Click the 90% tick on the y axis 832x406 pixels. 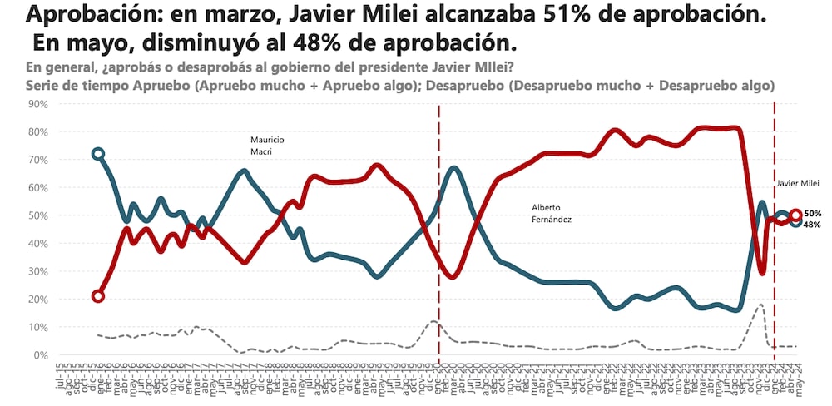(x=38, y=104)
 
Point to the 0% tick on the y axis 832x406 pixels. (x=41, y=355)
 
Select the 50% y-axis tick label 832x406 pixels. (x=38, y=215)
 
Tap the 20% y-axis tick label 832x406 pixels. (x=38, y=300)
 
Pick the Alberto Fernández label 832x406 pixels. (x=551, y=213)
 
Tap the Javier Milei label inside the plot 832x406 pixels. (x=798, y=183)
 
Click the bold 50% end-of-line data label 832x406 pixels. (x=812, y=214)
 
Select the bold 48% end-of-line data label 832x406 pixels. (x=812, y=225)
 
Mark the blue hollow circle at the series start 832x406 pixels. (x=98, y=154)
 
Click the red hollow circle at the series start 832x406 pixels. (x=98, y=296)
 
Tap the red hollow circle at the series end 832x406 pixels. (x=795, y=215)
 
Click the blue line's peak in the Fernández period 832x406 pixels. (x=453, y=168)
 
